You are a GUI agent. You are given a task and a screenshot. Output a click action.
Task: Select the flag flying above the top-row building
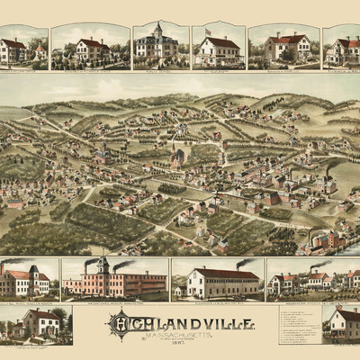[207, 31]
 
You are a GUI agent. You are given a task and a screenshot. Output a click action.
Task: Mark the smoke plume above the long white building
[245, 263]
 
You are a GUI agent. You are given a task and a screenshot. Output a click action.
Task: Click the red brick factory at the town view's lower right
[326, 239]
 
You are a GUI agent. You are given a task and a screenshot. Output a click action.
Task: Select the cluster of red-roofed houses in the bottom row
[310, 281]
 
